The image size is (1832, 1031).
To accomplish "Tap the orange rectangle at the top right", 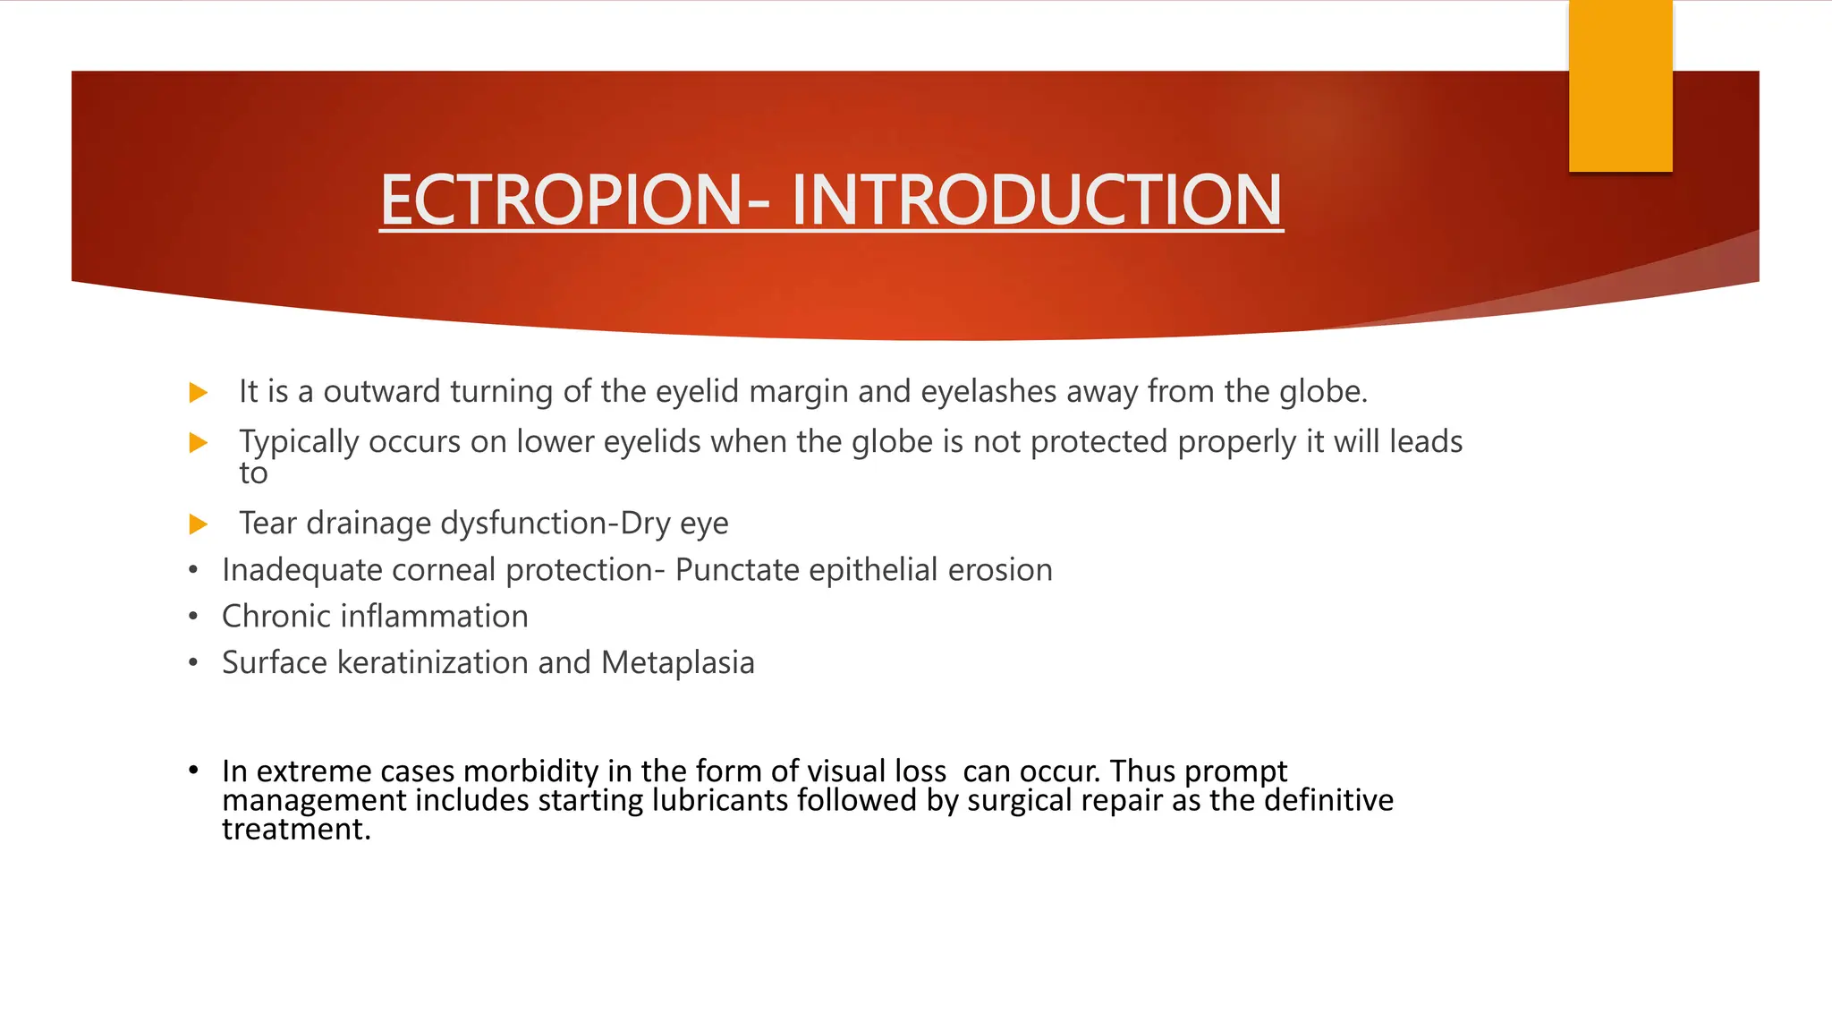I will [1620, 86].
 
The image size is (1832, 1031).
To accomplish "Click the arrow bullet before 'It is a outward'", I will [199, 392].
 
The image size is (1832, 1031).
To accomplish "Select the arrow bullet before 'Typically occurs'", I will [199, 442].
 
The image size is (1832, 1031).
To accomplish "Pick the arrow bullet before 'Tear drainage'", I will [199, 524].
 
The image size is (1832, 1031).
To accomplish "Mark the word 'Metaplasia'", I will [678, 663].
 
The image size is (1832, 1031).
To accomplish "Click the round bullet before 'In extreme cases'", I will [193, 770].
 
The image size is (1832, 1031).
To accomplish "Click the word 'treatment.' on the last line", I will [296, 830].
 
